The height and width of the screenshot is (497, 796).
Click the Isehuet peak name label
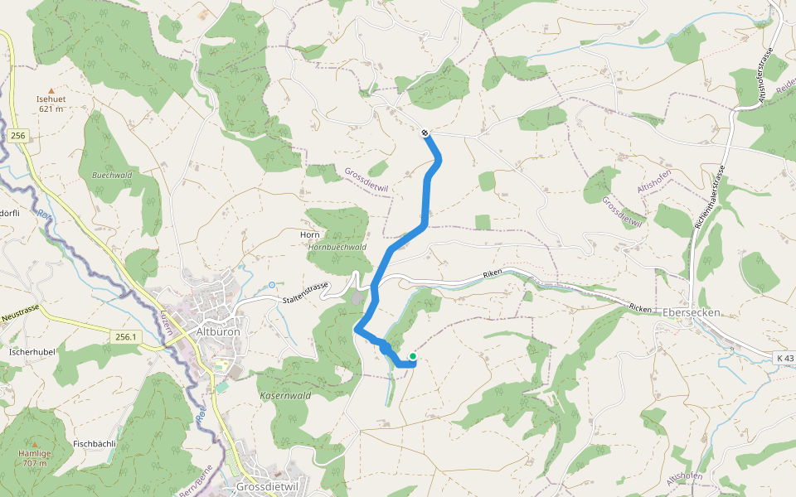[x=51, y=99]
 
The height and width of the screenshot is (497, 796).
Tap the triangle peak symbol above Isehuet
[x=51, y=90]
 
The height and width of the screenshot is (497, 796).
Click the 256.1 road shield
[x=125, y=336]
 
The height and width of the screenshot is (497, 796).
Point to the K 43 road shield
[x=784, y=357]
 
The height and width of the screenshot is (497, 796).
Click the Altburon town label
[x=217, y=331]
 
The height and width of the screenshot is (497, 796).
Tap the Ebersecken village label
[x=692, y=312]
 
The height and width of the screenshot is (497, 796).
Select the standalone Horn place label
[x=309, y=235]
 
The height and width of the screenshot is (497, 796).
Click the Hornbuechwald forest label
[x=337, y=247]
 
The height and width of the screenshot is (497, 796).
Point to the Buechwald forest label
[x=112, y=176]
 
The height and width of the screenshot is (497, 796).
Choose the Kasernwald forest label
[x=284, y=396]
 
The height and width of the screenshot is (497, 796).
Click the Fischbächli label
[x=95, y=443]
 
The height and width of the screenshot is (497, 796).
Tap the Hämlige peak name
[x=35, y=453]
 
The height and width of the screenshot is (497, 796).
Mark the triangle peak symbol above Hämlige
[x=35, y=444]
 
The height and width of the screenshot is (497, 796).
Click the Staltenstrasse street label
[x=305, y=292]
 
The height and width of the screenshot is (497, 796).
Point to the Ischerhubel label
[x=32, y=351]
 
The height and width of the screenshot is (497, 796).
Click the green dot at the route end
[x=412, y=357]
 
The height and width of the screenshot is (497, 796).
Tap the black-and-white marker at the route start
[x=425, y=133]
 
